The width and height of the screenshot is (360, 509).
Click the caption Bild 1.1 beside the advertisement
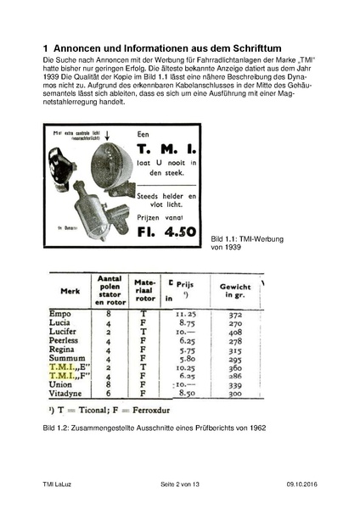(x=225, y=240)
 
